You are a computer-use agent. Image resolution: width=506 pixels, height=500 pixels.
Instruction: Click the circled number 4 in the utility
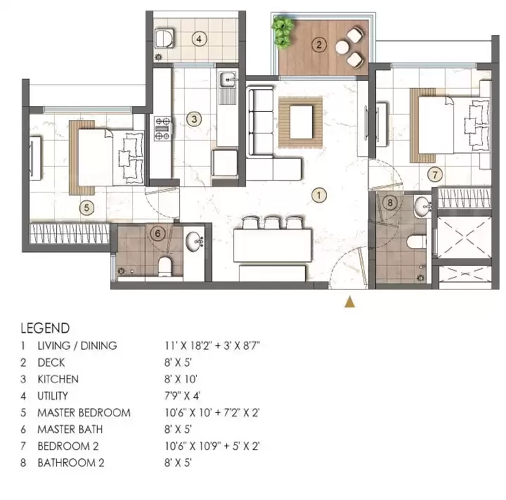click(199, 39)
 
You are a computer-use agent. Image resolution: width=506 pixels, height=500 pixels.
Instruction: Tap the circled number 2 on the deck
click(319, 44)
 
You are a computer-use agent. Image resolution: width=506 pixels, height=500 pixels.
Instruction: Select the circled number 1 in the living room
click(319, 195)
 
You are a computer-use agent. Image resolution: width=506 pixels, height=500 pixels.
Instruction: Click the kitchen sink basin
click(228, 79)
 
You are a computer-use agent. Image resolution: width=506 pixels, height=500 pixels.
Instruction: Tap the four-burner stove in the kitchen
click(162, 128)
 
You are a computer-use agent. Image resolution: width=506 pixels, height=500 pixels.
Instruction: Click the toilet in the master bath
click(164, 267)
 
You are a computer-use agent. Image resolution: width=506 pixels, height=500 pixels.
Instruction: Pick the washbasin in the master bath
click(194, 241)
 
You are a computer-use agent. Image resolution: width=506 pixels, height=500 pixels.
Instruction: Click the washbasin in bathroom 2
click(423, 206)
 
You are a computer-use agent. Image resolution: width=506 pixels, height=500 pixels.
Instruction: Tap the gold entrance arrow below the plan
click(349, 302)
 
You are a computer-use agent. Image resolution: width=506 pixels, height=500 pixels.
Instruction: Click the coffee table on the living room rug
click(301, 122)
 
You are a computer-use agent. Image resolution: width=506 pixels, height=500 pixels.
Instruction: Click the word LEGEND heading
click(45, 328)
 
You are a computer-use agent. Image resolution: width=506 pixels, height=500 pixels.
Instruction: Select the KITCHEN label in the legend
click(58, 379)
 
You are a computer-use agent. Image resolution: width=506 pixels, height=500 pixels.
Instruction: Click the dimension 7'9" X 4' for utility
click(182, 396)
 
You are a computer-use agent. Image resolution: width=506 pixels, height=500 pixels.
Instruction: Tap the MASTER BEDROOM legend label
click(84, 413)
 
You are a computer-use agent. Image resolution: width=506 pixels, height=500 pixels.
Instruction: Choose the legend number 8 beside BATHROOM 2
click(23, 463)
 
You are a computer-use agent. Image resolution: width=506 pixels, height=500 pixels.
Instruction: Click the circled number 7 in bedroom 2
click(435, 174)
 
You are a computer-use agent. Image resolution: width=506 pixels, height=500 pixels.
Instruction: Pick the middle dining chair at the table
click(272, 222)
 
